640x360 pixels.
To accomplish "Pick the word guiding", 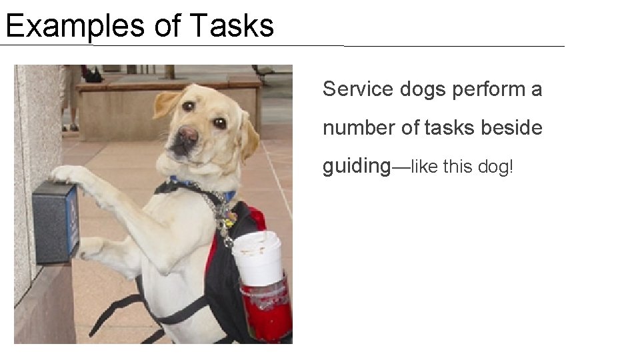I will (x=356, y=166).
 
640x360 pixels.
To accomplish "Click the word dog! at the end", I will (x=496, y=167).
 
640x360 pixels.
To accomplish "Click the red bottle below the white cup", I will (x=267, y=310).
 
